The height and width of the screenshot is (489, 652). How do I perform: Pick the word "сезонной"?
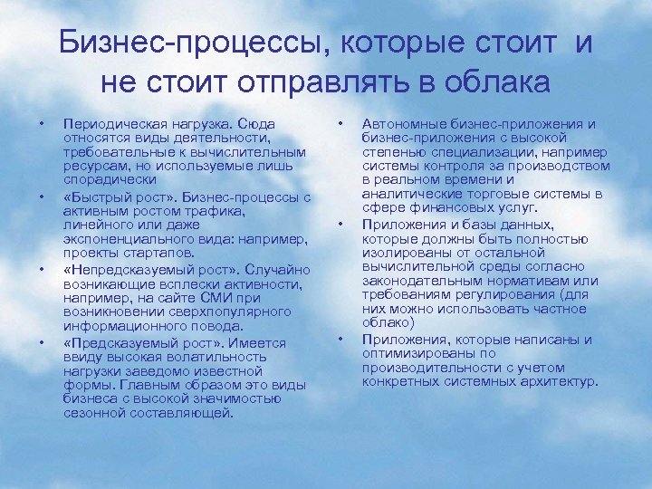point(91,413)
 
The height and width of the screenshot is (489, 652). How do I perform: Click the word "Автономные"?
point(402,123)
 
